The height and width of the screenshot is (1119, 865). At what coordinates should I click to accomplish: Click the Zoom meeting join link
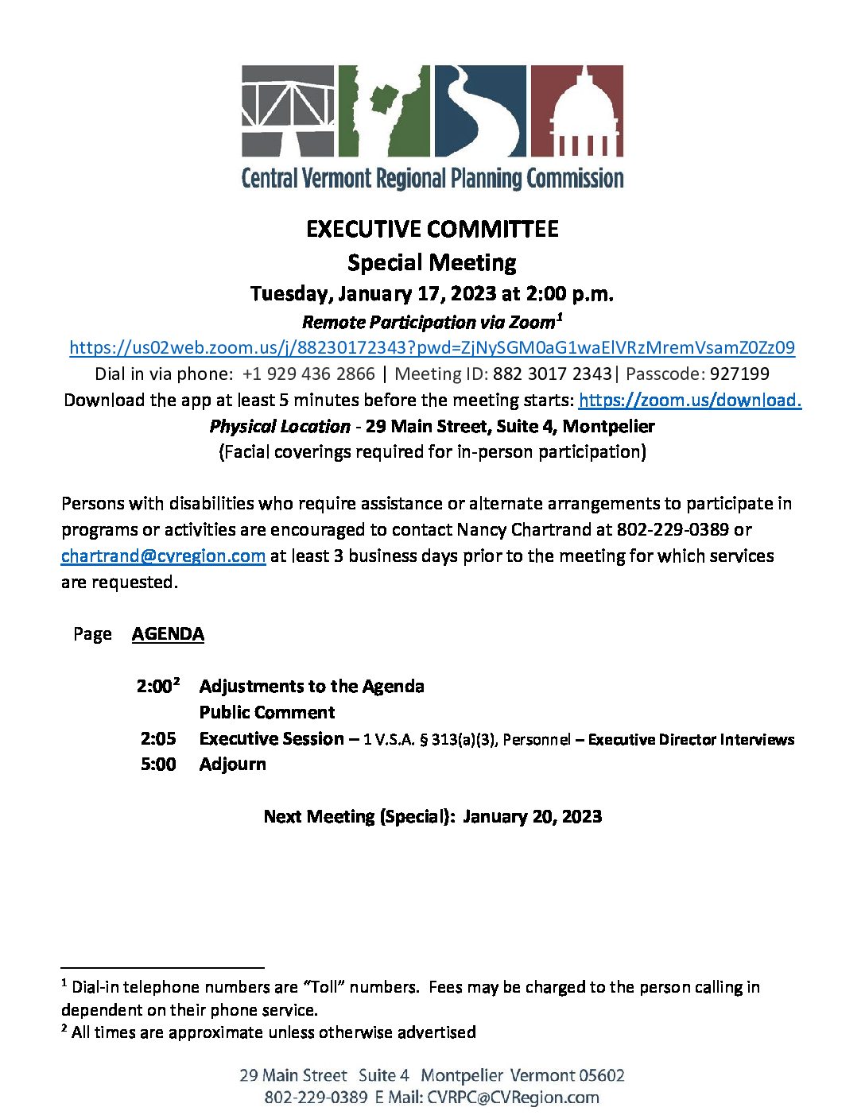click(x=432, y=348)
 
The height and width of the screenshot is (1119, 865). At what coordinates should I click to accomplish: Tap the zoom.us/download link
click(x=689, y=400)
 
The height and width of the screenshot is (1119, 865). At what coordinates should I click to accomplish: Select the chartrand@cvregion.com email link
click(x=163, y=556)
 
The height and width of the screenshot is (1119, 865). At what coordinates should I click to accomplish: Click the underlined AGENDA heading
click(x=168, y=634)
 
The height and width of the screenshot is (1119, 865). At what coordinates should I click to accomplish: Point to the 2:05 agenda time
click(x=158, y=739)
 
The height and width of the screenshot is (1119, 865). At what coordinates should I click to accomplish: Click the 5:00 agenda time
click(x=158, y=765)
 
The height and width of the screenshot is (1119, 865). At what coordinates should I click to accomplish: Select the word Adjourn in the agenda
click(x=232, y=765)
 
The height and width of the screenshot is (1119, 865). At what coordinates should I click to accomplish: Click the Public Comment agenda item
click(x=266, y=712)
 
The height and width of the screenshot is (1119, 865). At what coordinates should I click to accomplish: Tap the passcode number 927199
click(x=739, y=374)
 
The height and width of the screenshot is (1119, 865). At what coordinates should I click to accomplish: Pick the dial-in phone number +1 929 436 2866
click(x=308, y=374)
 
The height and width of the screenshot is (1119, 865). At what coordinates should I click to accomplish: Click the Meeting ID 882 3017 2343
click(x=552, y=374)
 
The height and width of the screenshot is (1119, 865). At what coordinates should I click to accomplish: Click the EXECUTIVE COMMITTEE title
click(x=432, y=230)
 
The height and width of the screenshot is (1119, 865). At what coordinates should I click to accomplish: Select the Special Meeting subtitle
click(x=432, y=263)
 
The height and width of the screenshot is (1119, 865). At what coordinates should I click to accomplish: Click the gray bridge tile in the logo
click(x=288, y=110)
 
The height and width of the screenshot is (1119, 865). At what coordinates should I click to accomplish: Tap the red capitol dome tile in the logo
click(x=576, y=110)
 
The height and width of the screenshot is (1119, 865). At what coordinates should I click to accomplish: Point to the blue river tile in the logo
click(x=479, y=110)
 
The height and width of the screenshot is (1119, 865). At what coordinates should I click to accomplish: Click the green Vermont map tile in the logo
click(x=384, y=110)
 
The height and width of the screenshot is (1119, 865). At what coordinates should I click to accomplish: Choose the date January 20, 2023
click(x=532, y=817)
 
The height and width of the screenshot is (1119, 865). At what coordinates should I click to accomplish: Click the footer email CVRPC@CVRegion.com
click(x=513, y=1098)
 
